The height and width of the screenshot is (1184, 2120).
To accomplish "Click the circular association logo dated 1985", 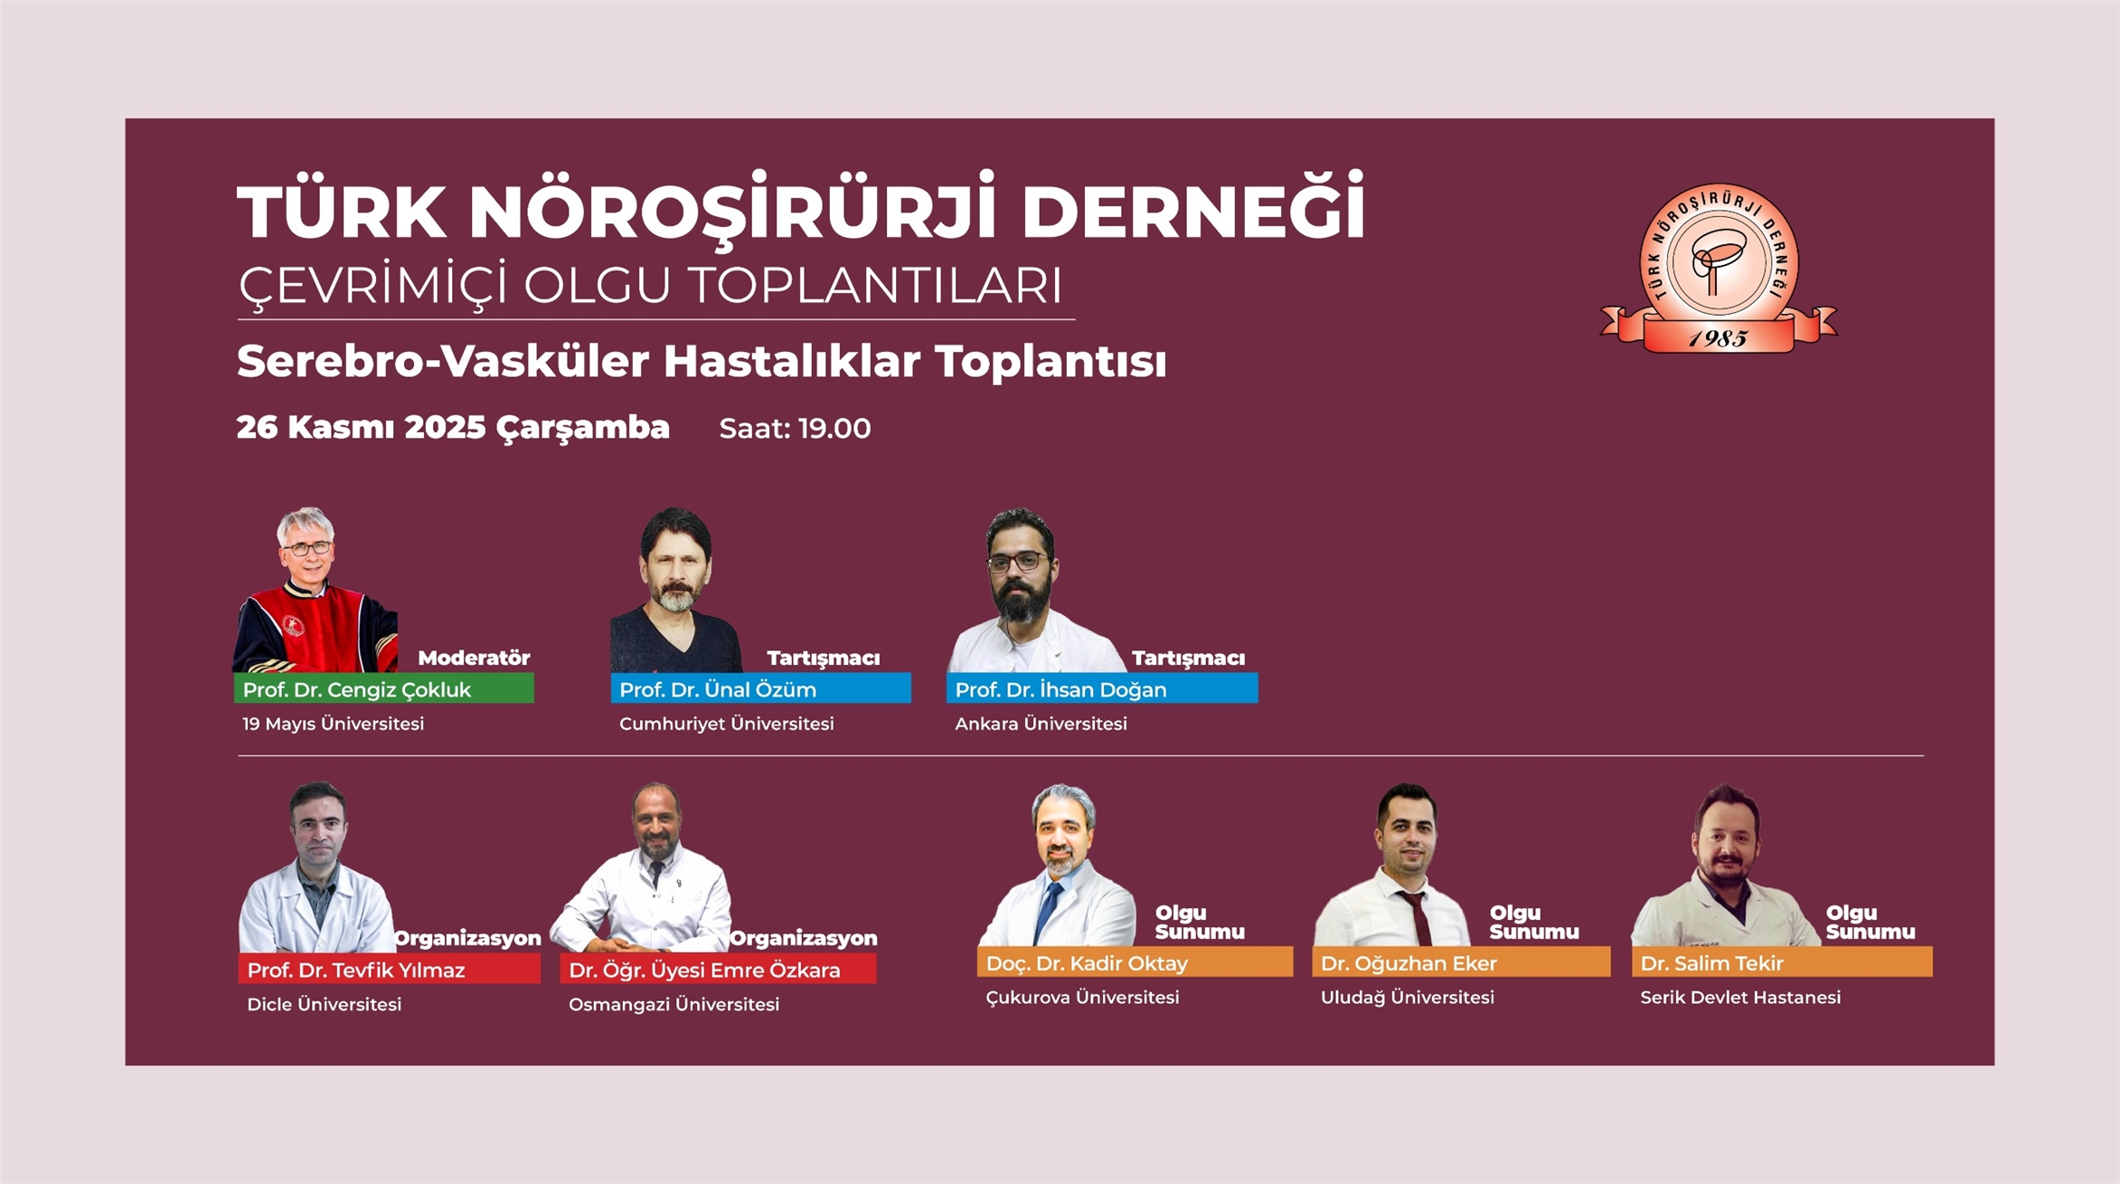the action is click(x=1719, y=268).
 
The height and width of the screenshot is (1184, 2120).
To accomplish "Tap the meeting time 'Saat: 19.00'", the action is click(x=795, y=429).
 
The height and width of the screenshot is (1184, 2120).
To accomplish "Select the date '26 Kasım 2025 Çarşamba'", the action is click(x=453, y=428).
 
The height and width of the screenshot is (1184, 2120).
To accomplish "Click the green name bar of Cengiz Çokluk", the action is click(x=384, y=688).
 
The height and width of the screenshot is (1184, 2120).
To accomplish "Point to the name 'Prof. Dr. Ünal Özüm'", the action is click(x=718, y=690).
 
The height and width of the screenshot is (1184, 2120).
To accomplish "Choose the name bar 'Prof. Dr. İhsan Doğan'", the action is click(x=1102, y=688).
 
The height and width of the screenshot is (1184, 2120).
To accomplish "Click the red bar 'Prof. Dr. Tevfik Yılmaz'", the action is click(x=390, y=969).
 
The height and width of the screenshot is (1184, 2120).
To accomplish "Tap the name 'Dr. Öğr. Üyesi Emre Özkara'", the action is click(x=704, y=971).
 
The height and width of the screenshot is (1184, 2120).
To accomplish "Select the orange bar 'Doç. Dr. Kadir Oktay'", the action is click(x=1135, y=961).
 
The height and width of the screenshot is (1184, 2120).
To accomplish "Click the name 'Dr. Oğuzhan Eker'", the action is click(x=1409, y=963).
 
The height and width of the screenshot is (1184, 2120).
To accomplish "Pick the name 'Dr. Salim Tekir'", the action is click(x=1712, y=963).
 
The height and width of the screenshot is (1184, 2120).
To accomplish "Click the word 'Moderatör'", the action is click(x=474, y=658).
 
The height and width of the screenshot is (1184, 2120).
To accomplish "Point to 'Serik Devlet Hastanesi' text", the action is click(x=1740, y=998).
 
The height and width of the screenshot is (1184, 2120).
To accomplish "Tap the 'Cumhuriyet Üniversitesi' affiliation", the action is click(x=727, y=724).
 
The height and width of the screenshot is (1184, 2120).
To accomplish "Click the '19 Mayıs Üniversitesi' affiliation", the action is click(x=333, y=724).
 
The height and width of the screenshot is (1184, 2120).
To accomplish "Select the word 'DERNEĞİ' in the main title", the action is click(x=1193, y=209).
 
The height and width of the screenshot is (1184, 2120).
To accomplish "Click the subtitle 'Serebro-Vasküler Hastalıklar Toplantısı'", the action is click(x=702, y=361).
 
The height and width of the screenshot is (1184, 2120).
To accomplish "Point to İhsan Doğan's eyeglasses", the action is click(x=1018, y=562).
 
